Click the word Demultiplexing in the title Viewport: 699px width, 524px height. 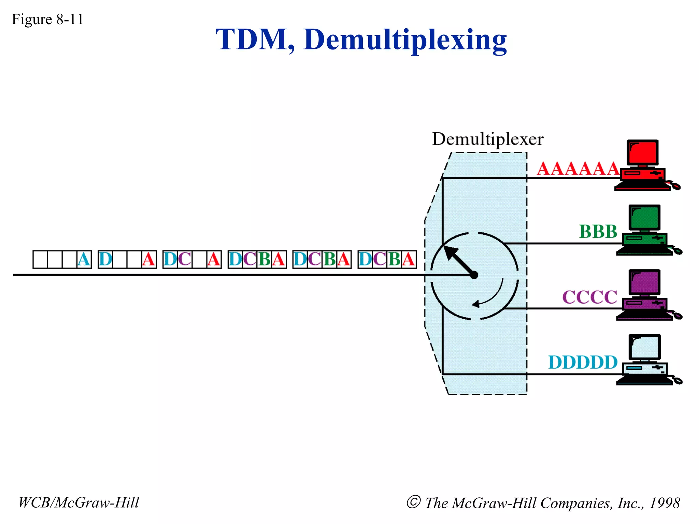(x=405, y=40)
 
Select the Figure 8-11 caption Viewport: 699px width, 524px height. (x=47, y=19)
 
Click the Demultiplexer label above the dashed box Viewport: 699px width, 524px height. (x=487, y=139)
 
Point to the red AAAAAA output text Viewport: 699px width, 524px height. (x=578, y=169)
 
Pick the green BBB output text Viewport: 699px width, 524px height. (x=598, y=232)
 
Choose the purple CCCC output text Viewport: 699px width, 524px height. (x=589, y=297)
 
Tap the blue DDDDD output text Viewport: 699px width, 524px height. (x=583, y=362)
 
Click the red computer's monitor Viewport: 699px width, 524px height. (x=643, y=152)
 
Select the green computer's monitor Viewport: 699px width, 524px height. (x=645, y=218)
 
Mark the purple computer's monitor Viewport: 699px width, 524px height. (x=645, y=282)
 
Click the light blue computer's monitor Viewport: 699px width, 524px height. (x=645, y=347)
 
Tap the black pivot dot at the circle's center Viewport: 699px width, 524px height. (x=474, y=275)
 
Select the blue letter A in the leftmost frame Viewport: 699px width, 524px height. (x=84, y=260)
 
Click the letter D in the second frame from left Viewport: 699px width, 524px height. (x=105, y=260)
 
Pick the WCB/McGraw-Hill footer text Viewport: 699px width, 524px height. (x=79, y=503)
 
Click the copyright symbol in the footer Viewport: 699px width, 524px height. (x=413, y=502)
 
